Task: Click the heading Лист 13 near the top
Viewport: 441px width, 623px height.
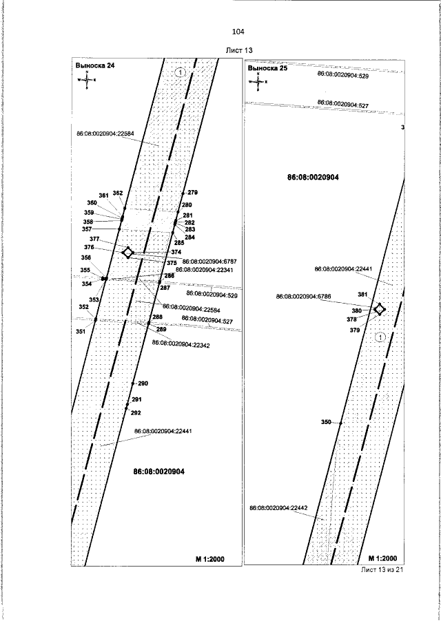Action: [x=240, y=51]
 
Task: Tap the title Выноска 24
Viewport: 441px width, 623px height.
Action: [x=95, y=65]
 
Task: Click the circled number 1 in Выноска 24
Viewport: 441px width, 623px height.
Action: [x=180, y=72]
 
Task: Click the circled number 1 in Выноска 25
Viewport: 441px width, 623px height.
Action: [x=379, y=337]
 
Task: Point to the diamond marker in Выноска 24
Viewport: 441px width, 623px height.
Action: [x=127, y=253]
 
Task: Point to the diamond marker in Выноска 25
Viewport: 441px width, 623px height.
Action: [x=379, y=309]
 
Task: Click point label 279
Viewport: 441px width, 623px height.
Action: [x=192, y=192]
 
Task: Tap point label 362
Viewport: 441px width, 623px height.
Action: [x=118, y=193]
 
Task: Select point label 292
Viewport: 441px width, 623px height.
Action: [x=136, y=413]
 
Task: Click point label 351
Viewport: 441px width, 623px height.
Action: [x=81, y=332]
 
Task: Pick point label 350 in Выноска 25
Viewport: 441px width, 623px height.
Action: [x=326, y=421]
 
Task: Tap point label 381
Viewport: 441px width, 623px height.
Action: [x=362, y=294]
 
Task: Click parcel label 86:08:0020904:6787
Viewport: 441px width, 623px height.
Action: [x=205, y=262]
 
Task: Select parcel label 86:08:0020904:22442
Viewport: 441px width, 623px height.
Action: [x=278, y=507]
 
